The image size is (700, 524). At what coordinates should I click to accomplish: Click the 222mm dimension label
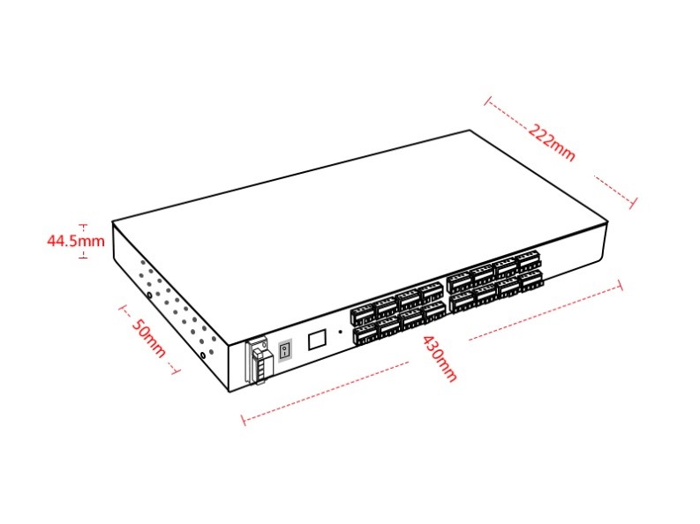pyautogui.click(x=552, y=142)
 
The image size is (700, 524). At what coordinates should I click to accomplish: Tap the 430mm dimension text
pyautogui.click(x=440, y=358)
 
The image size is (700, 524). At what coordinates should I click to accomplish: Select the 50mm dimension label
pyautogui.click(x=148, y=338)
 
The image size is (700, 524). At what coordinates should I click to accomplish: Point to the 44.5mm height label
pyautogui.click(x=76, y=241)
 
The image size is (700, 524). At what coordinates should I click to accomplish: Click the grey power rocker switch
pyautogui.click(x=285, y=350)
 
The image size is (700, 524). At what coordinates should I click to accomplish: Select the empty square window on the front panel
pyautogui.click(x=317, y=340)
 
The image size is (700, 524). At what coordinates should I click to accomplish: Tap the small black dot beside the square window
pyautogui.click(x=341, y=332)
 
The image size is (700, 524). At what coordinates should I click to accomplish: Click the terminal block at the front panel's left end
pyautogui.click(x=257, y=361)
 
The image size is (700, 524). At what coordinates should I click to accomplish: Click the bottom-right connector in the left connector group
pyautogui.click(x=434, y=311)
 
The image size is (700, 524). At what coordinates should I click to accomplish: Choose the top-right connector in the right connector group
pyautogui.click(x=528, y=262)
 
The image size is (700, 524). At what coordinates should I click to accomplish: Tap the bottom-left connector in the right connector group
pyautogui.click(x=462, y=303)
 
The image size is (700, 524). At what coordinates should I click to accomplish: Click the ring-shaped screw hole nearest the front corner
pyautogui.click(x=204, y=356)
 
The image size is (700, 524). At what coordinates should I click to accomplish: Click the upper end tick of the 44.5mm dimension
pyautogui.click(x=83, y=226)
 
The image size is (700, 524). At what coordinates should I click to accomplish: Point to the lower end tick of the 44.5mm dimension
pyautogui.click(x=83, y=257)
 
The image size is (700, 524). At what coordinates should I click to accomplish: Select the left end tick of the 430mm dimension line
pyautogui.click(x=244, y=420)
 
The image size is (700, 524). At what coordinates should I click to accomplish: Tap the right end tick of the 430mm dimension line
pyautogui.click(x=619, y=286)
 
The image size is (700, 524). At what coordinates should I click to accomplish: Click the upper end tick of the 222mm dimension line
pyautogui.click(x=488, y=101)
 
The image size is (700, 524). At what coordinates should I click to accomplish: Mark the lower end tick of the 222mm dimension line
pyautogui.click(x=634, y=203)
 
